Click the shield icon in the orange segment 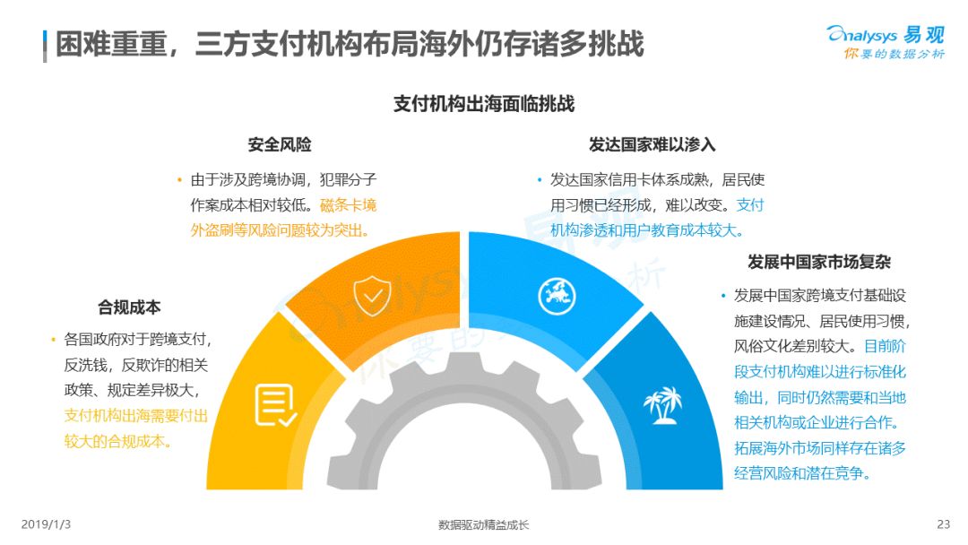pyautogui.click(x=372, y=296)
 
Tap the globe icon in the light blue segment pyautogui.click(x=557, y=296)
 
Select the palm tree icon pyautogui.click(x=662, y=405)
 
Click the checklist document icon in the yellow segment pyautogui.click(x=275, y=405)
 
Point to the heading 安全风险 pyautogui.click(x=280, y=144)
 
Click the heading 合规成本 pyautogui.click(x=129, y=307)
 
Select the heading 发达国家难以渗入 pyautogui.click(x=652, y=144)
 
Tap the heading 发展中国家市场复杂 pyautogui.click(x=819, y=262)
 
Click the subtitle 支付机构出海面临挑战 pyautogui.click(x=484, y=104)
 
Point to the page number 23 pyautogui.click(x=943, y=524)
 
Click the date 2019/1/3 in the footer pyautogui.click(x=46, y=524)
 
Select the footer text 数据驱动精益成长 pyautogui.click(x=483, y=524)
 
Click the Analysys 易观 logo pyautogui.click(x=886, y=41)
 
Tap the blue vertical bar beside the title pyautogui.click(x=45, y=47)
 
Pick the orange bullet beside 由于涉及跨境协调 pyautogui.click(x=179, y=180)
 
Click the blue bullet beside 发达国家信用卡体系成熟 pyautogui.click(x=539, y=180)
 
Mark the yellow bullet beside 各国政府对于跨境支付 pyautogui.click(x=53, y=340)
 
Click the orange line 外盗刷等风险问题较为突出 pyautogui.click(x=281, y=230)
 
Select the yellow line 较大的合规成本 pyautogui.click(x=118, y=441)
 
